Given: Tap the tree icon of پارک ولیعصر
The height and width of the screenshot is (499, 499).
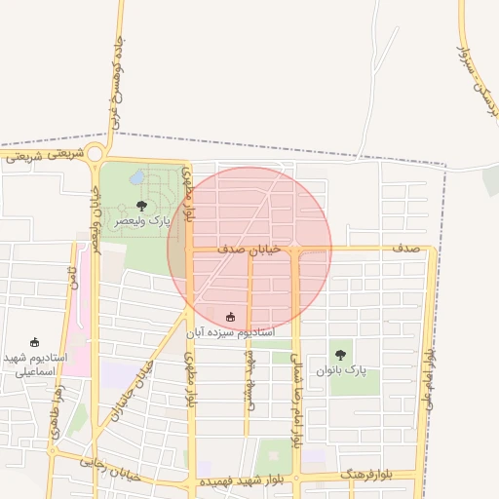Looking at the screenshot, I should point(142,206).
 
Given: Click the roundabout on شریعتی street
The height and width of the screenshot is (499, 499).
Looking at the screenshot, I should point(95,153).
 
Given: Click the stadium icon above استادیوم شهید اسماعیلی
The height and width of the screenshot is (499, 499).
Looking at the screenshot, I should point(35,342).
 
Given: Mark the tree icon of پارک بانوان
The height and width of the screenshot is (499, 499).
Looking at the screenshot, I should point(340,355).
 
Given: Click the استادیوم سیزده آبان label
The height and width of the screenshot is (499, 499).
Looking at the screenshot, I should point(231,332).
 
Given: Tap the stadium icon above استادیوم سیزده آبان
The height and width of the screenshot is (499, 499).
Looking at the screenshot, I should point(230,316).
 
